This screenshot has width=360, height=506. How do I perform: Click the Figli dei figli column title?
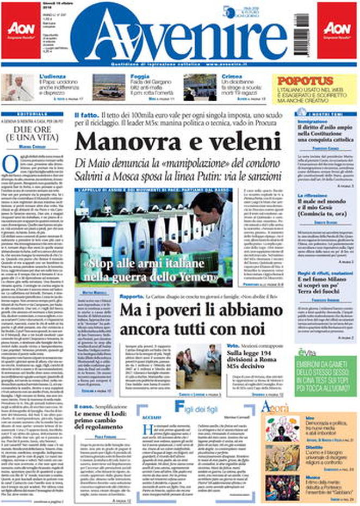point(198,406)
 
